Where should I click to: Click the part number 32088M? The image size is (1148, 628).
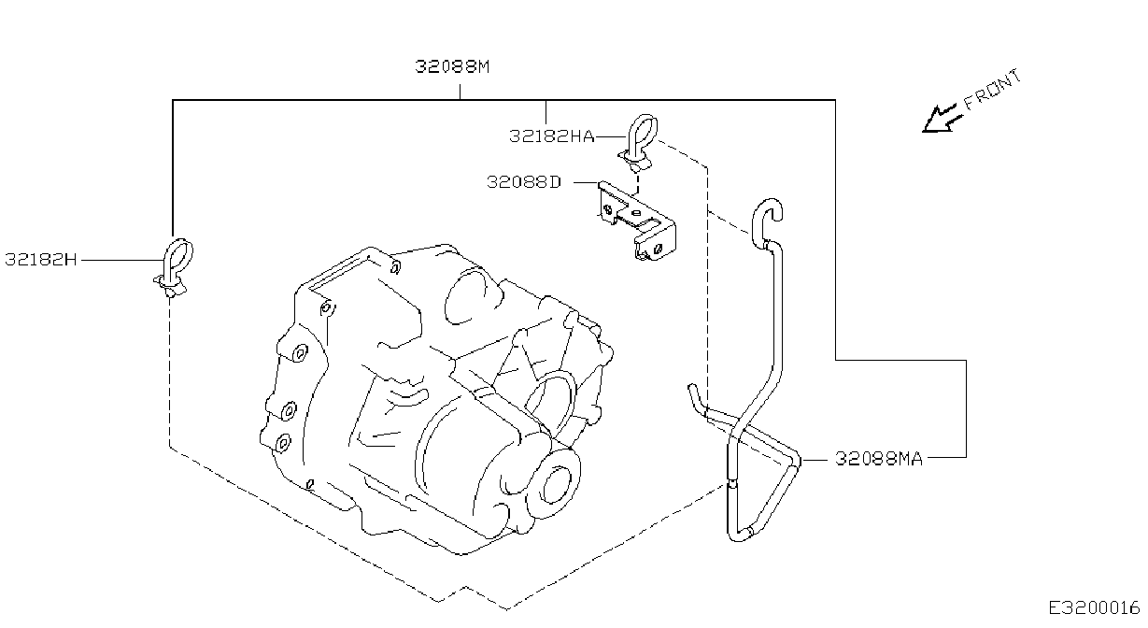click(452, 66)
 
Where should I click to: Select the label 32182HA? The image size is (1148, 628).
click(551, 136)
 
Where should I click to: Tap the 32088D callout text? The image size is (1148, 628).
click(524, 182)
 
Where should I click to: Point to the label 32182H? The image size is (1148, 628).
click(40, 260)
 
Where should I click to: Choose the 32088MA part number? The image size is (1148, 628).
click(878, 458)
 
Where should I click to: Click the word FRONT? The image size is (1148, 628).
click(992, 91)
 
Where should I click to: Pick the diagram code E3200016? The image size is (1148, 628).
click(1093, 608)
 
